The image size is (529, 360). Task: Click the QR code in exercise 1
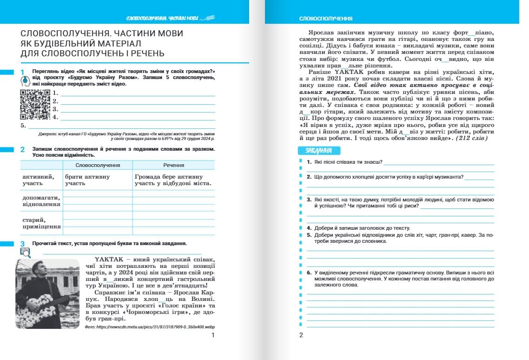click(35, 105)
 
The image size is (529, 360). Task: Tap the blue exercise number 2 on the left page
click(22, 150)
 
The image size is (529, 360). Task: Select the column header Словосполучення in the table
click(98, 165)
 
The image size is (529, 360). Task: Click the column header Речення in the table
click(173, 165)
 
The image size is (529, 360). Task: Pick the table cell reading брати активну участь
click(87, 180)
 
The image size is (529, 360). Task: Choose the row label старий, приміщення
click(41, 223)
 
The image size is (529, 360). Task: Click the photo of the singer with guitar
click(47, 293)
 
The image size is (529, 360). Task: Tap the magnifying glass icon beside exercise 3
click(25, 252)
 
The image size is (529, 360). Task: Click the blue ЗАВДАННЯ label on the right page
click(318, 151)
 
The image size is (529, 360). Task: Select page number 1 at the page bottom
click(212, 335)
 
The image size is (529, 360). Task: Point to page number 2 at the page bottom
click(301, 335)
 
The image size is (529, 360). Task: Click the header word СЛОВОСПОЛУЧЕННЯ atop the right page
click(325, 19)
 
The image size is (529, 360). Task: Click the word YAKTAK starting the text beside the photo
click(109, 259)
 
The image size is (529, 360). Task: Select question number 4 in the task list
click(309, 228)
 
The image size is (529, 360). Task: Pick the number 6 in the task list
click(309, 272)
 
